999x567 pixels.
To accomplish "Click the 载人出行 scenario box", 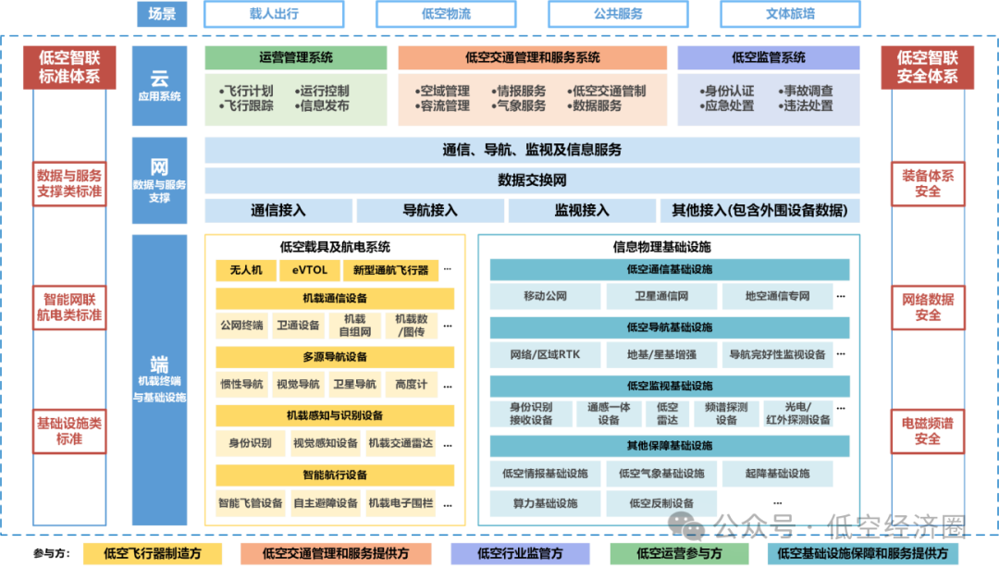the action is pos(274,14).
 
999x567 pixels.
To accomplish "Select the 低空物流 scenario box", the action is pos(446,14).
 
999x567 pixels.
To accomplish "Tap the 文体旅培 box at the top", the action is pos(790,14).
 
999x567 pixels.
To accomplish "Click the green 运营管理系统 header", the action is pos(296,57).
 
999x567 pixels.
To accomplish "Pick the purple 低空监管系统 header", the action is pos(769,57).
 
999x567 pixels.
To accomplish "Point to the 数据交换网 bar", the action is pos(532,179).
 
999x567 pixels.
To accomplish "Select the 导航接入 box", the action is pos(430,210).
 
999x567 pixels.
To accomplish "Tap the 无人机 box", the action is pos(246,270).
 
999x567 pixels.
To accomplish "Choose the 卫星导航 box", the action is pos(353,384).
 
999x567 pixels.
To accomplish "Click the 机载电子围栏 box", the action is pos(401,503).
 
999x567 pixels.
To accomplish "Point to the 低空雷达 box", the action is pos(667,413).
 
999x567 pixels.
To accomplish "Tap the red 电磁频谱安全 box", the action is pos(927,431).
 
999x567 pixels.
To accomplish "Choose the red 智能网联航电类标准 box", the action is pos(69,307).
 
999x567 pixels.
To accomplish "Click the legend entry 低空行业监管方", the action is pos(520,553).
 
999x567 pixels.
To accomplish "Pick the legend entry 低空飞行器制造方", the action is pos(152,553).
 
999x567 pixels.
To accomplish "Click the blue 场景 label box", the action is pos(161,14).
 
